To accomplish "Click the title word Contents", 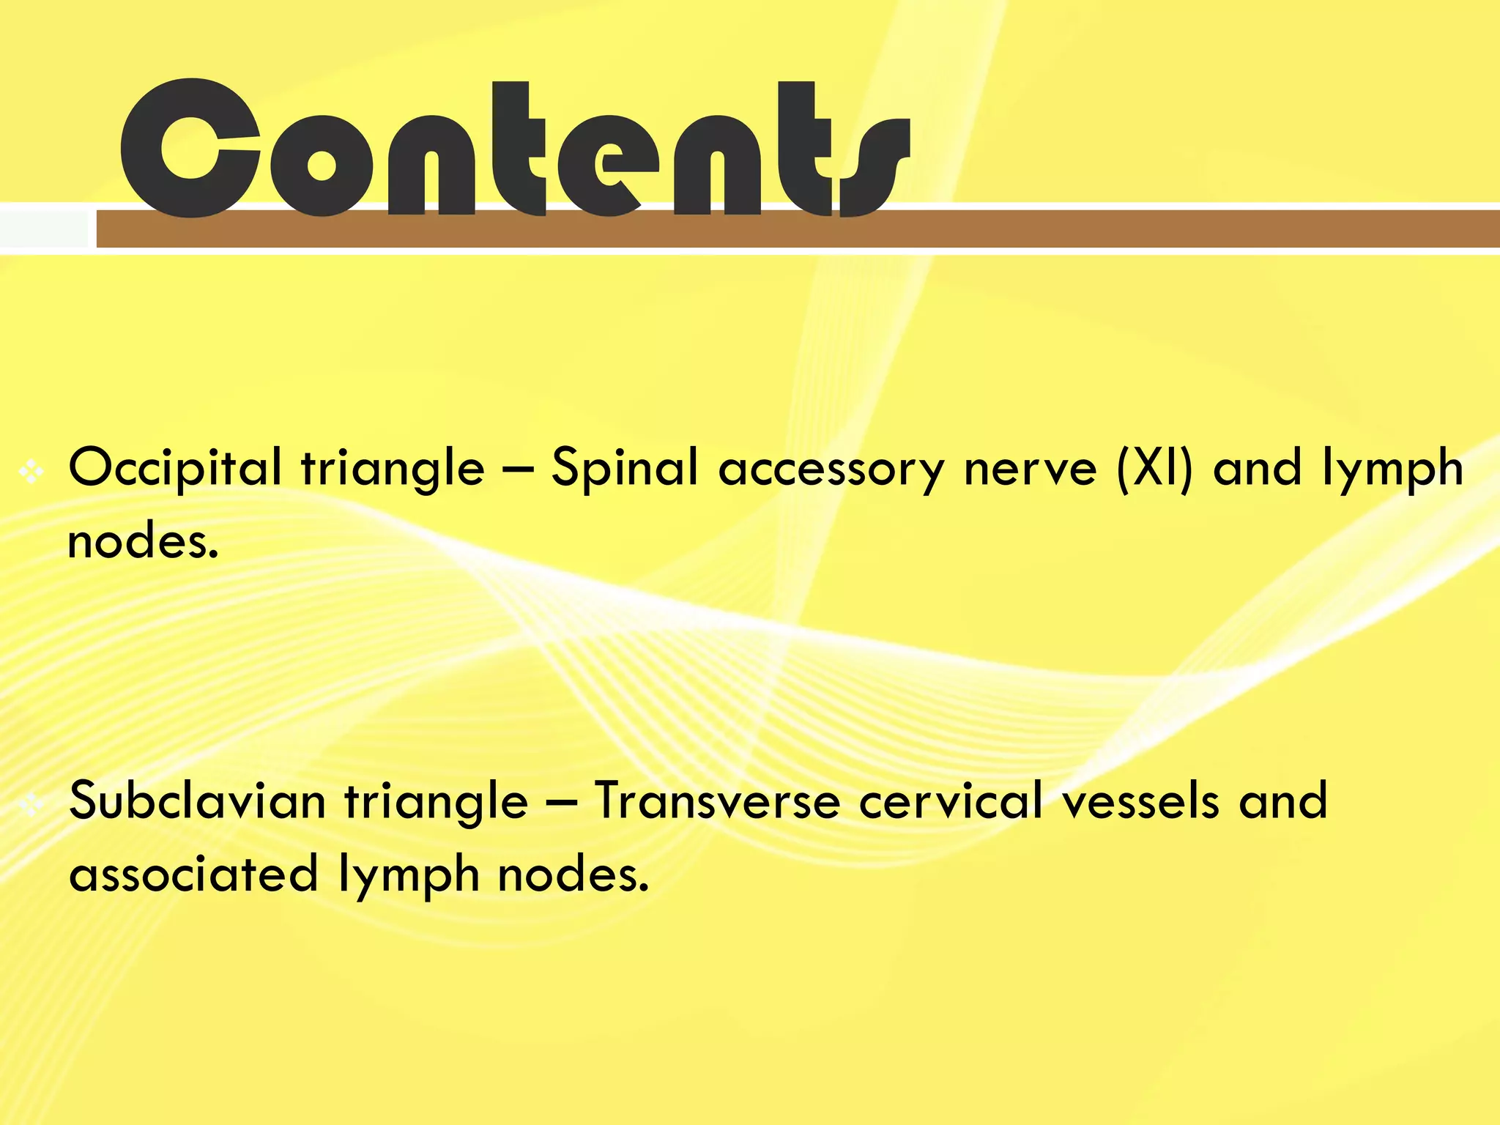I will coord(513,150).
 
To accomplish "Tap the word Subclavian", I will coord(197,801).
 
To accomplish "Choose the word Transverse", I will coord(717,801).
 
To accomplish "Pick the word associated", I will coord(193,874).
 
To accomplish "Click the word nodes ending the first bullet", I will coord(143,542).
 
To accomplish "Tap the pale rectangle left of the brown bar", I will coord(44,229).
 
